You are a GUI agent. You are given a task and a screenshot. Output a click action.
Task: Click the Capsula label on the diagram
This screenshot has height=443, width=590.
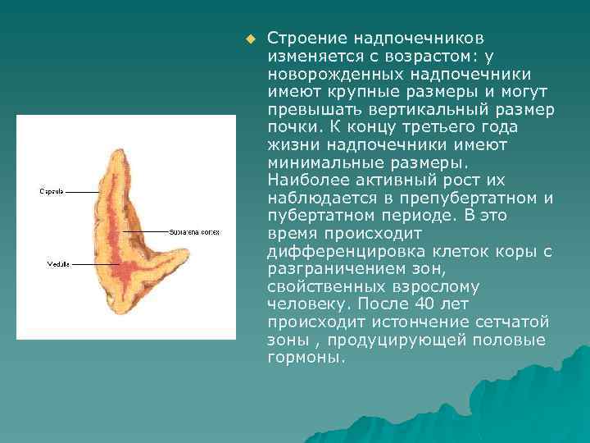pos(52,192)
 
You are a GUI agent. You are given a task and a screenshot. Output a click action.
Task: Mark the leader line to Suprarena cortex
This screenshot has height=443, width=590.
pos(147,231)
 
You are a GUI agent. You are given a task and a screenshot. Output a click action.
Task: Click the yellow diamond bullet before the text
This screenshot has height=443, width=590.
pos(250,39)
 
